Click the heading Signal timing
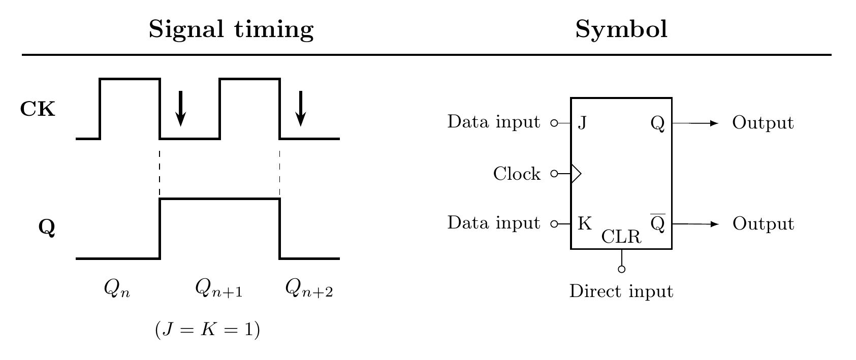click(x=231, y=30)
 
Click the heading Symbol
click(x=621, y=30)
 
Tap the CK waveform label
click(x=38, y=109)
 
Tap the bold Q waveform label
click(x=47, y=228)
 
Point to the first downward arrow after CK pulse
click(x=180, y=108)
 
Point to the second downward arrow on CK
click(x=301, y=108)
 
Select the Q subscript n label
click(x=117, y=288)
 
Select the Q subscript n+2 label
click(x=309, y=288)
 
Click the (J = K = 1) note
click(x=207, y=330)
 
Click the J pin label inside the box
click(x=583, y=123)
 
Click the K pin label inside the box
click(x=585, y=223)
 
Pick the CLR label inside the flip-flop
click(x=621, y=237)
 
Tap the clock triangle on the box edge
click(x=576, y=174)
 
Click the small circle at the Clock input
click(x=554, y=174)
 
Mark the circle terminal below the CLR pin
click(x=621, y=269)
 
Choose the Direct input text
click(x=621, y=292)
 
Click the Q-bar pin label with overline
click(x=657, y=223)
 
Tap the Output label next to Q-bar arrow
click(x=763, y=224)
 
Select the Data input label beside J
click(x=493, y=122)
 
